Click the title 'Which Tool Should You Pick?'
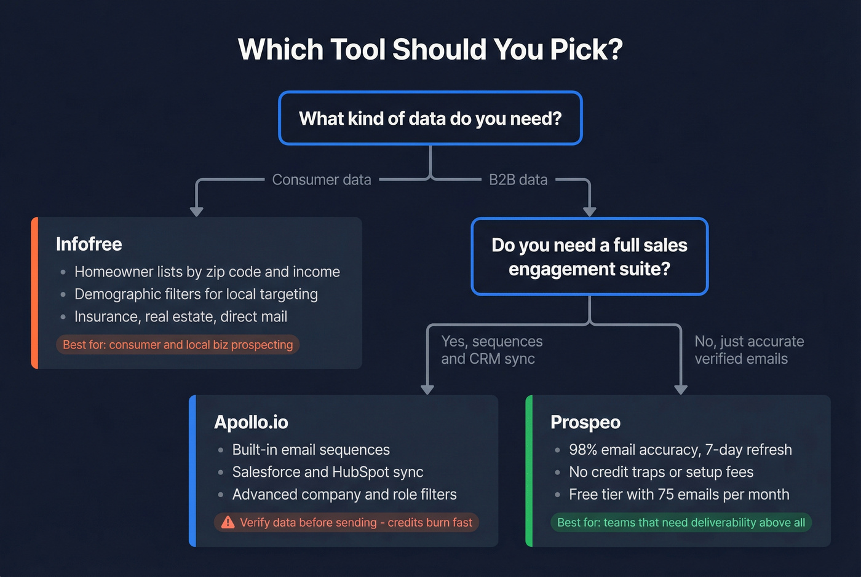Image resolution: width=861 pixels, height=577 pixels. click(x=430, y=50)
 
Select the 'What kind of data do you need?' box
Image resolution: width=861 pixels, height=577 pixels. click(x=430, y=118)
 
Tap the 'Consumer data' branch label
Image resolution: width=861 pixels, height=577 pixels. click(x=322, y=179)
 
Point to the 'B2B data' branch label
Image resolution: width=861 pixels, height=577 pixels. click(x=518, y=179)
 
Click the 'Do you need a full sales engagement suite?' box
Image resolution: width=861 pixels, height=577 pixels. click(x=589, y=257)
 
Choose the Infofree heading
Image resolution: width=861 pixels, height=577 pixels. click(x=89, y=244)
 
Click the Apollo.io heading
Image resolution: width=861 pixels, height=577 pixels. click(x=251, y=422)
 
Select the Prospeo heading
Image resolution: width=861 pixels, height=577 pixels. click(x=585, y=422)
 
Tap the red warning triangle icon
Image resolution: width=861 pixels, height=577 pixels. click(x=228, y=522)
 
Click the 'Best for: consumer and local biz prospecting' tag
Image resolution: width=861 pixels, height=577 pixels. click(x=178, y=345)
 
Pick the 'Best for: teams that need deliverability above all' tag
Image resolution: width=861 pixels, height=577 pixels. click(x=681, y=522)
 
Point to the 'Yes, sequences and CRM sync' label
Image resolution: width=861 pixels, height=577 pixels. click(x=491, y=350)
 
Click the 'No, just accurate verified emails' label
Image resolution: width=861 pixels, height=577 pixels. click(x=749, y=350)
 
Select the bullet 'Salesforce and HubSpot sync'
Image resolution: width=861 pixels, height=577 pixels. click(x=328, y=472)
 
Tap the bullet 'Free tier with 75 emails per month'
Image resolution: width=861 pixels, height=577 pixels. click(x=679, y=494)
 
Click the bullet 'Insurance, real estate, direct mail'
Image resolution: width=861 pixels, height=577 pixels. click(x=181, y=316)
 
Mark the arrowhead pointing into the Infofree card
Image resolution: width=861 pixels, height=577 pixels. click(x=196, y=211)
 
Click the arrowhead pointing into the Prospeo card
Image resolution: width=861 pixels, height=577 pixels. click(x=681, y=390)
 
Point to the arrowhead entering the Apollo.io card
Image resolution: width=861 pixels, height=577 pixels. click(x=427, y=390)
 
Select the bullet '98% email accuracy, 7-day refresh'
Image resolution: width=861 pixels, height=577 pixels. click(x=680, y=450)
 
